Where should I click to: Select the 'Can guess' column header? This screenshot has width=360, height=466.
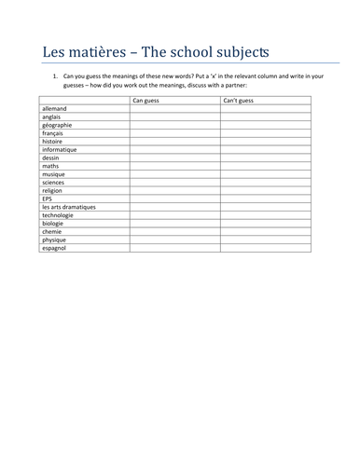pyautogui.click(x=148, y=101)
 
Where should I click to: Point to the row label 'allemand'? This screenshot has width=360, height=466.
pyautogui.click(x=56, y=109)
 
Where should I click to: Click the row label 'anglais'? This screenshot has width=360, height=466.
pyautogui.click(x=53, y=117)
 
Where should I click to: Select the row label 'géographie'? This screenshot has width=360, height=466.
pyautogui.click(x=59, y=125)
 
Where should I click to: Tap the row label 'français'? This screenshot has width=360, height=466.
pyautogui.click(x=54, y=133)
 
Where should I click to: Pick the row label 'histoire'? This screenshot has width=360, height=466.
pyautogui.click(x=54, y=142)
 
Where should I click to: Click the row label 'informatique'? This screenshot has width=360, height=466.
pyautogui.click(x=60, y=150)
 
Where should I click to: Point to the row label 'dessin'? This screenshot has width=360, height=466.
pyautogui.click(x=52, y=158)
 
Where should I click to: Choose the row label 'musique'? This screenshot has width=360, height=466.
pyautogui.click(x=54, y=174)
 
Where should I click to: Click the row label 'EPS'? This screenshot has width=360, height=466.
pyautogui.click(x=48, y=199)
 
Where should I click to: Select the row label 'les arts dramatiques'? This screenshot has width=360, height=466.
pyautogui.click(x=69, y=207)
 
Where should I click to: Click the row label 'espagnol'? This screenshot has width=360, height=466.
pyautogui.click(x=55, y=248)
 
